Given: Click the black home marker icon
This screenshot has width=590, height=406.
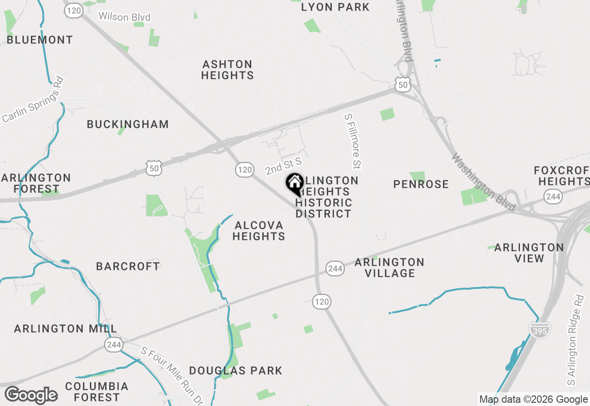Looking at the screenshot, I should [295, 184].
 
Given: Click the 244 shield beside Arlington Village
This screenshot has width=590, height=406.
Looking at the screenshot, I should [335, 268].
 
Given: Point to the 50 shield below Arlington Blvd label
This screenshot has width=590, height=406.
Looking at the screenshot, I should [403, 84].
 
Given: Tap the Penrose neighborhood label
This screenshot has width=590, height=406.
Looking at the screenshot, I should [421, 185].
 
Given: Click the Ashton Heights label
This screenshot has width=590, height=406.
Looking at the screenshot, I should [227, 70].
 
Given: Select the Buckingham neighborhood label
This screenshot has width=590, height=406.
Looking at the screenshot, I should [128, 124].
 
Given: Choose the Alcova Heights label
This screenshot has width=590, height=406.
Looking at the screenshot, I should [259, 231].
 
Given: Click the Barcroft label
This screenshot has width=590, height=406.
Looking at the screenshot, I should [128, 266].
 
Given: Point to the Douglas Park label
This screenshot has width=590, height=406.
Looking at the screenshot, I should [236, 370].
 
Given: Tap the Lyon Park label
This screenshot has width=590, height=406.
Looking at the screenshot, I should [335, 7].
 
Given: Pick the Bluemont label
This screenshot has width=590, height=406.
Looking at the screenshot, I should [40, 40].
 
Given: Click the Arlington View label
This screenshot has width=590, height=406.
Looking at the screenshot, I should [529, 253].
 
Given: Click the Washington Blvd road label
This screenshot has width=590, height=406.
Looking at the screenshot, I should [483, 183].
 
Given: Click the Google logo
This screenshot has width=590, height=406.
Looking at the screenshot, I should [31, 395].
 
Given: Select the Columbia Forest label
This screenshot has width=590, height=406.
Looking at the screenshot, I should [97, 391].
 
